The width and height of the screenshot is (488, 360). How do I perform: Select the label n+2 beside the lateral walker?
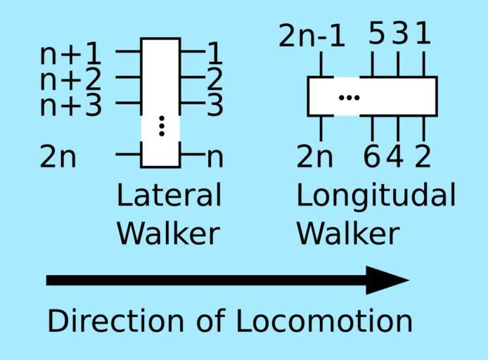coord(70,79)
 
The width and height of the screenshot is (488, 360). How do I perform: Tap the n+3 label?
coord(70,105)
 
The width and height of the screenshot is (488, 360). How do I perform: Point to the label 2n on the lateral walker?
coord(58,157)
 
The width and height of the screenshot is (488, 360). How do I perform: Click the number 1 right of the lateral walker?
coord(215,53)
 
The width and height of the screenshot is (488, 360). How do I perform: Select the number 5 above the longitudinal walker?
coord(377,33)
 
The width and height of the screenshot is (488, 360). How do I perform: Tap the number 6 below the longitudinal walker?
coord(371,157)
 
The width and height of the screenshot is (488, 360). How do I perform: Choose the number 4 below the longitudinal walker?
coord(396,157)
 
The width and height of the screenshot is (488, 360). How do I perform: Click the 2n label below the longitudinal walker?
coord(314,157)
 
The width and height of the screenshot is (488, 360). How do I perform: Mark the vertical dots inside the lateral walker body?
coord(161,125)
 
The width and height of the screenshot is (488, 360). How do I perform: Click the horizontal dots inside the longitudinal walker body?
coord(349,97)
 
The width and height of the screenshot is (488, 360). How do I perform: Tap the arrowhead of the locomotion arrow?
coord(387,281)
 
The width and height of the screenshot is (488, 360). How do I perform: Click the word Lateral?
coord(169,195)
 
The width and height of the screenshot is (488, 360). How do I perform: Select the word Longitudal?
coord(375,196)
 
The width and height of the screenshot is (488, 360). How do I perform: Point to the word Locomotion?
coord(323,321)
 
